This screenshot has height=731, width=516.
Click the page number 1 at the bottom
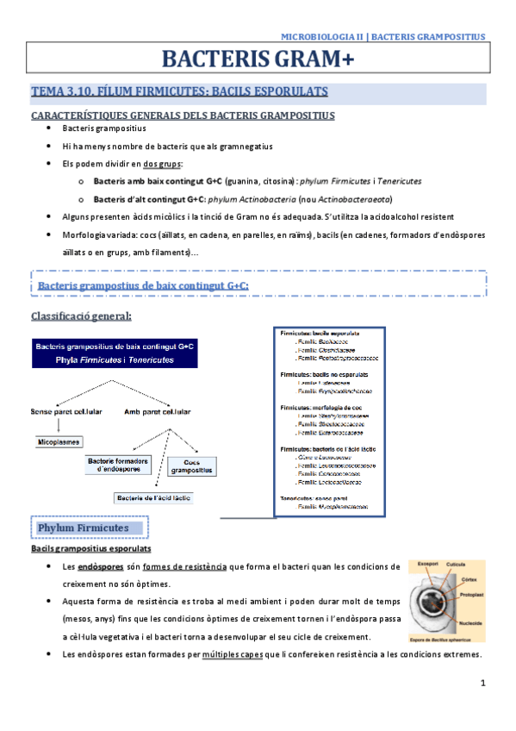click(484, 684)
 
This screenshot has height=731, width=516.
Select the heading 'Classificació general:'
click(81, 316)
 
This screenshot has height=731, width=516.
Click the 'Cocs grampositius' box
click(191, 466)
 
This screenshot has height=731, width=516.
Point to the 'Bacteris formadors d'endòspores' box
click(119, 465)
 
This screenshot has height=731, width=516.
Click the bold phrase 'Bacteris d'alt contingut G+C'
click(147, 198)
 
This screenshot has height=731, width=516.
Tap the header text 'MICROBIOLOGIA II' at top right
click(323, 36)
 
